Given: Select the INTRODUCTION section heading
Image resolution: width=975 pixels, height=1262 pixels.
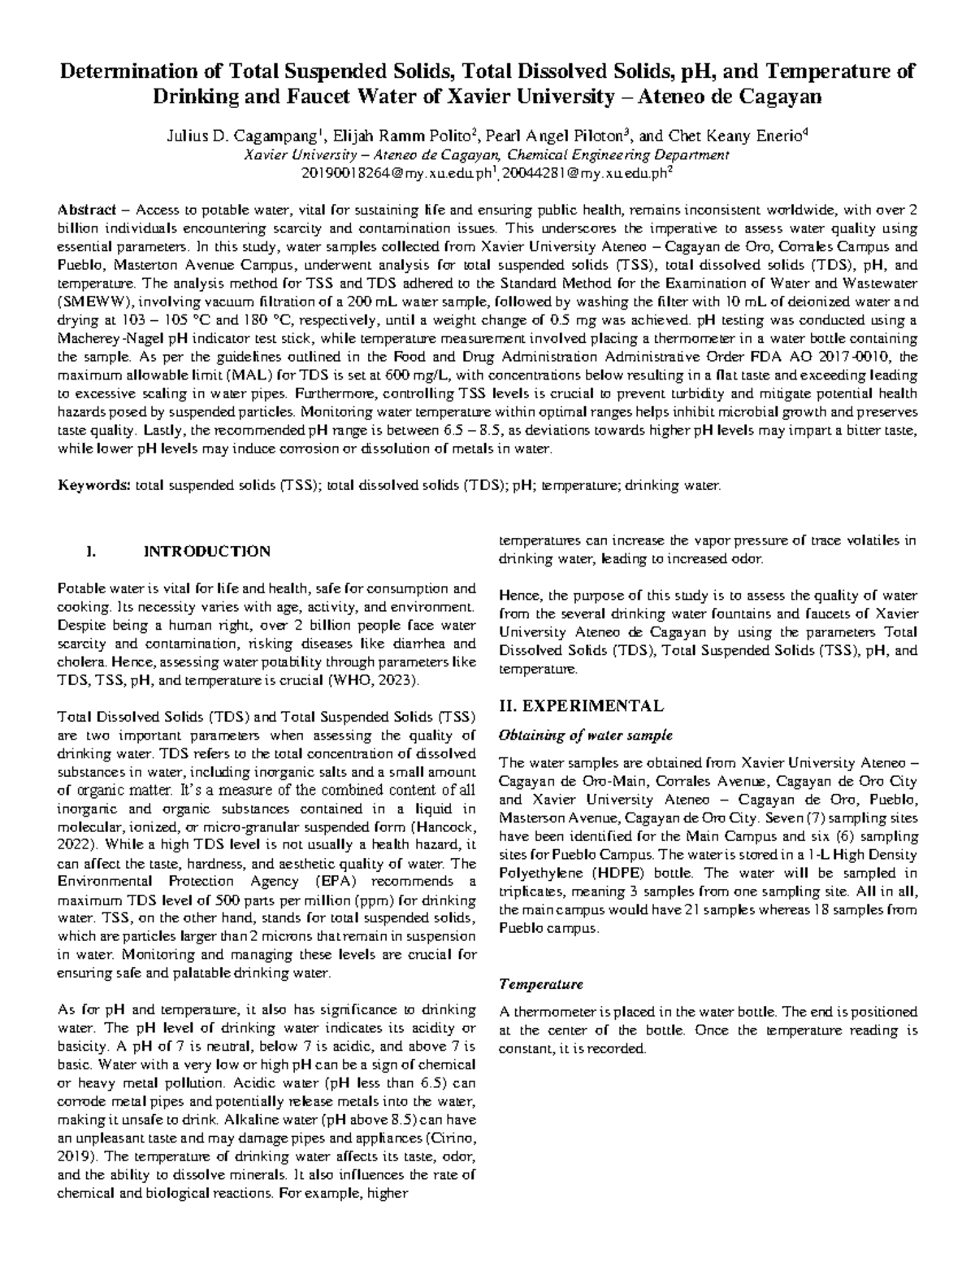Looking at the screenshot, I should (206, 552).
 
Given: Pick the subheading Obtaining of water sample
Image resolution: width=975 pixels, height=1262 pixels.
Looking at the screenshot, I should (585, 735).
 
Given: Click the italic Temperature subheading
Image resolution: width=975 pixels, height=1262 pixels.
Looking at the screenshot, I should (540, 984).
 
